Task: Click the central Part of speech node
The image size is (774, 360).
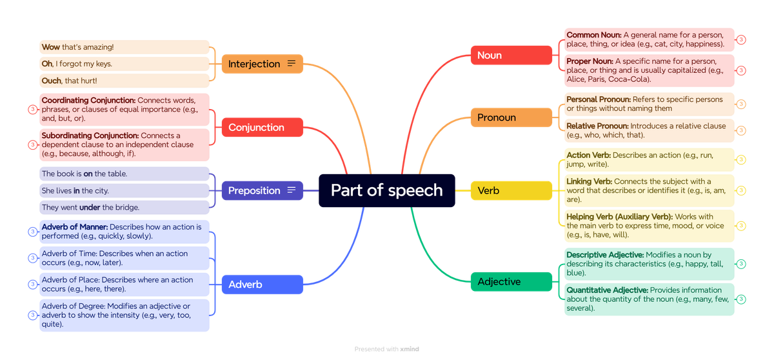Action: [x=386, y=190]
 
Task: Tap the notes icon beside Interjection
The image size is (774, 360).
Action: [x=292, y=64]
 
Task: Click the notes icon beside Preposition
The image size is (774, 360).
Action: [x=292, y=190]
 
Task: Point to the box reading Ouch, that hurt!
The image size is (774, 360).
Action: [x=124, y=81]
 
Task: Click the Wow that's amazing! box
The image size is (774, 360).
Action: [x=124, y=47]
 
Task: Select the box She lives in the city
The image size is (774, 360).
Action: [x=124, y=191]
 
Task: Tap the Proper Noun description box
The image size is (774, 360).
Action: [x=648, y=70]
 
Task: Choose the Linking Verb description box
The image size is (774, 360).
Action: [x=648, y=190]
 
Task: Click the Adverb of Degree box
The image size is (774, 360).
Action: [x=124, y=315]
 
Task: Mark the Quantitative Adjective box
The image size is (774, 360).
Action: [x=648, y=299]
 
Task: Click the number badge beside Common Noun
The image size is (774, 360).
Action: [x=742, y=40]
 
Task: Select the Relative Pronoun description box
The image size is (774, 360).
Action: [x=648, y=130]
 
